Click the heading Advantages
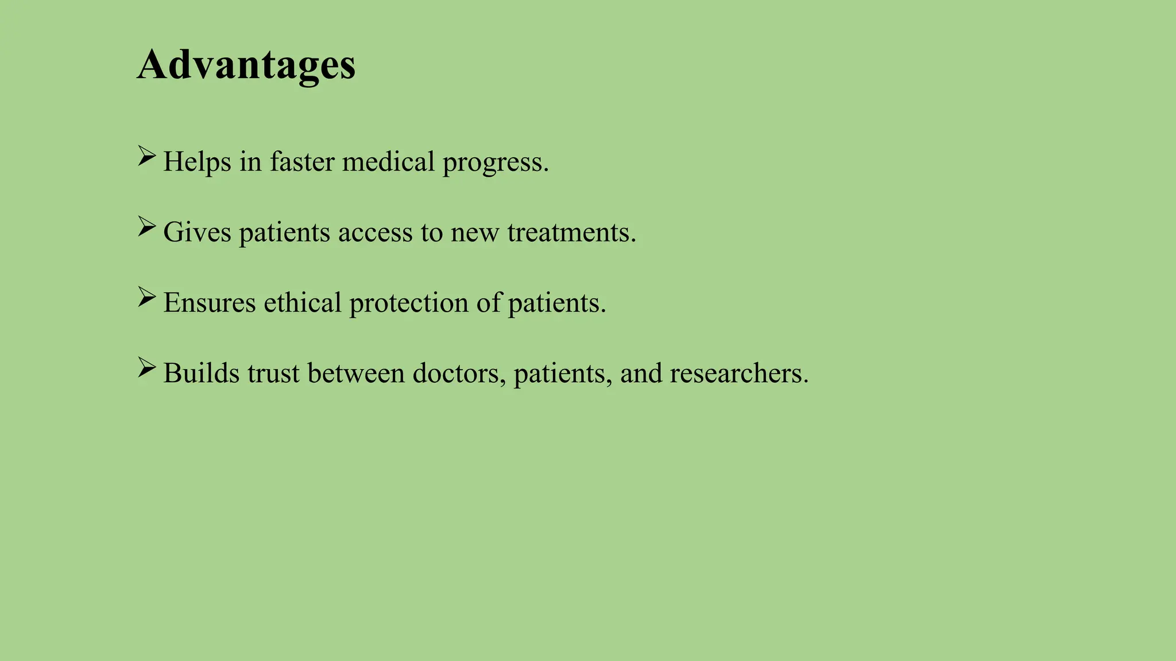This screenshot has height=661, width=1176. [x=246, y=65]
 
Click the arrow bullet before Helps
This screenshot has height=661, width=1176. [x=146, y=157]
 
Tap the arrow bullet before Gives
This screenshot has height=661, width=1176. [x=146, y=227]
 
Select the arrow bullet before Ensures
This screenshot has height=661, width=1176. [x=146, y=298]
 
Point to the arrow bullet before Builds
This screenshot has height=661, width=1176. [x=146, y=368]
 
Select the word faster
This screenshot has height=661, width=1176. [x=302, y=162]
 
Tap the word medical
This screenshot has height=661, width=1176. [x=388, y=162]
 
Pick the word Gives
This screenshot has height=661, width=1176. [x=197, y=232]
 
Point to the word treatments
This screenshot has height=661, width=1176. [x=571, y=232]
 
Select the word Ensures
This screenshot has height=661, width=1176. [x=209, y=303]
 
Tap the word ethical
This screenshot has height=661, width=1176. [x=303, y=303]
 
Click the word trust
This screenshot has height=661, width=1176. [x=273, y=374]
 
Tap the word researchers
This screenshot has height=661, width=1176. [x=738, y=374]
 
